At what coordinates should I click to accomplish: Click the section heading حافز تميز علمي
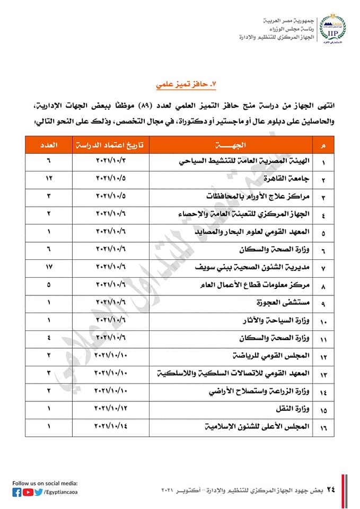click(x=186, y=83)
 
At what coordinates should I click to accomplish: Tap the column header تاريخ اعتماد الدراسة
click(x=111, y=145)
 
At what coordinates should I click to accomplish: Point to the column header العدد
click(x=49, y=145)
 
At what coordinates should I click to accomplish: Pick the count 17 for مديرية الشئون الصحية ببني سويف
click(x=48, y=265)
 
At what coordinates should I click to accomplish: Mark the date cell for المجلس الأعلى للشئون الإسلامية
click(x=111, y=426)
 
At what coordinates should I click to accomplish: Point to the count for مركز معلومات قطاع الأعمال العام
click(x=48, y=284)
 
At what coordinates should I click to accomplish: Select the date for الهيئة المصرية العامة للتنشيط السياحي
click(x=111, y=161)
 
